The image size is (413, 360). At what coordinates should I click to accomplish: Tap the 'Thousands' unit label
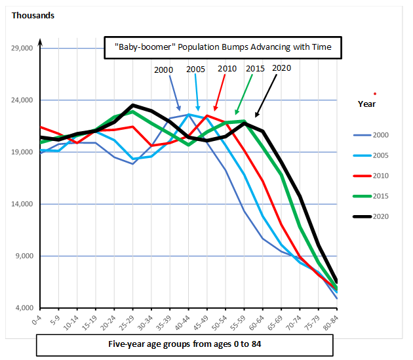(x=33, y=15)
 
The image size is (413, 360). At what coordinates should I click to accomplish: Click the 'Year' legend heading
(x=366, y=104)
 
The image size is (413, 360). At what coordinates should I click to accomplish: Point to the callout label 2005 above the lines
(x=195, y=70)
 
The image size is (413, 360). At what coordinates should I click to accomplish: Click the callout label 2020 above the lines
(x=281, y=68)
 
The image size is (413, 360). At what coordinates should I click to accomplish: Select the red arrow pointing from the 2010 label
(x=220, y=92)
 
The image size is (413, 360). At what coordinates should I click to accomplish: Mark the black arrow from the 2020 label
(x=266, y=96)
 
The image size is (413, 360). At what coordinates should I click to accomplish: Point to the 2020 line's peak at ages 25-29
(x=133, y=105)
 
